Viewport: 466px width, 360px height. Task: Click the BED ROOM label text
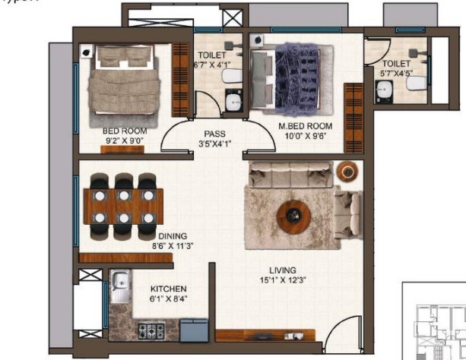click(x=124, y=131)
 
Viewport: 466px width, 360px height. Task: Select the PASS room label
click(x=214, y=134)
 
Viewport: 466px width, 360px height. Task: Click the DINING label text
click(x=173, y=236)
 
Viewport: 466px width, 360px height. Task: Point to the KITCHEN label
click(x=168, y=289)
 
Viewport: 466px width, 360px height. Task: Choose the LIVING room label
click(x=281, y=270)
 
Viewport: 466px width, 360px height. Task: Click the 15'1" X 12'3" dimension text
click(x=281, y=279)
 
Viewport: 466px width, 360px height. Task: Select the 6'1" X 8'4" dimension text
click(x=168, y=299)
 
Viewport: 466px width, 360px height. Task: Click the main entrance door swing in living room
click(x=343, y=331)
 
